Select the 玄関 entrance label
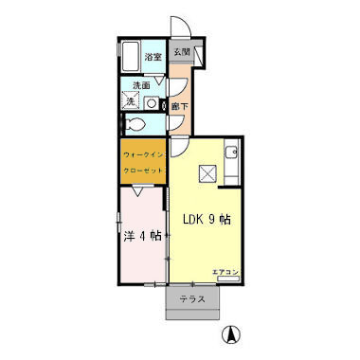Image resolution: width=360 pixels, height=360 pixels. [x=181, y=53]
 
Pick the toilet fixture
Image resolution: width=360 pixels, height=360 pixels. [x=134, y=123]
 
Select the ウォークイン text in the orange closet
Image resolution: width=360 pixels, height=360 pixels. [x=142, y=153]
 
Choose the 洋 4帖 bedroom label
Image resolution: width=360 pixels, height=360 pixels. [x=142, y=235]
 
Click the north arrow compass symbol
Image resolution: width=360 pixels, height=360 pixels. [x=229, y=334]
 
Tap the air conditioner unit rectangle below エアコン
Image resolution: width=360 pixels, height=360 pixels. [x=226, y=280]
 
